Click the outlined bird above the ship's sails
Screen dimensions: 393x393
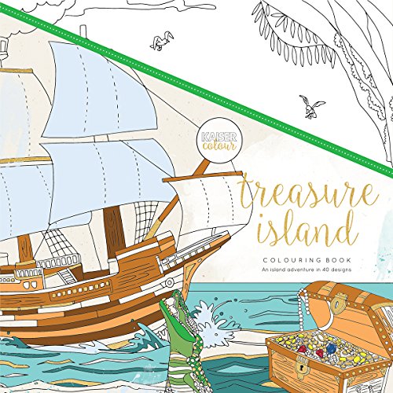tap(164, 40)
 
